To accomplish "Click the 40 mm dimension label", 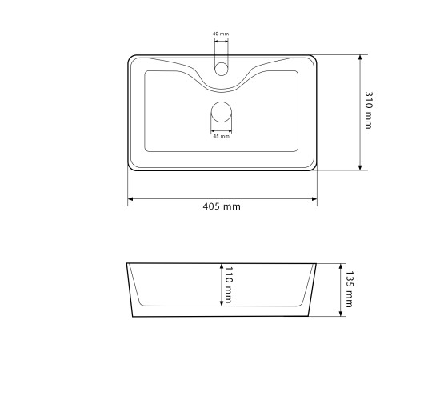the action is [x=221, y=34].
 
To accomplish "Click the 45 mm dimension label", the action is [x=221, y=136].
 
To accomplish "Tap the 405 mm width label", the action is [x=222, y=206].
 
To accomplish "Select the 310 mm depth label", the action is [x=369, y=110].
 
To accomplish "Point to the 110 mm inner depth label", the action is [x=228, y=285].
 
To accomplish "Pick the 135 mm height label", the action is [x=350, y=289].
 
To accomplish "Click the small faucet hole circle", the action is [x=221, y=69].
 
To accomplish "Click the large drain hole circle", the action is [x=222, y=112].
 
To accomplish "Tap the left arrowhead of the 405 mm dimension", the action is [x=130, y=198].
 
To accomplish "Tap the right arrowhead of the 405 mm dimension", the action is [x=314, y=198].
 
